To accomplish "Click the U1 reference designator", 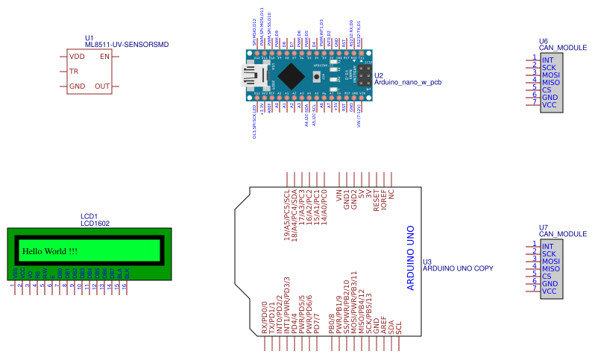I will pos(89,37).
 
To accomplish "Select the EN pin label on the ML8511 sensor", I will pos(104,57).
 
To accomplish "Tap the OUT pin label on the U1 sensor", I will pos(102,86).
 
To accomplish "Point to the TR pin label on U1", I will pos(74,72).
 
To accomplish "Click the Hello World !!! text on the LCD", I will pos(50,251).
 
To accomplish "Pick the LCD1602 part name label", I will pos(95,223).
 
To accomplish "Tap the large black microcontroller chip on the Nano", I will pos(292,75).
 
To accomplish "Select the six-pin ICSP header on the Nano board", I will pos(363,75).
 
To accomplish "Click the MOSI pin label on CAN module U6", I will pos(551,75).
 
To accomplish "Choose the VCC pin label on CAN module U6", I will pos(550,105).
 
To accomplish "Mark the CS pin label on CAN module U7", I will pos(547,276).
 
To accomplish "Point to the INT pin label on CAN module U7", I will pos(548,247).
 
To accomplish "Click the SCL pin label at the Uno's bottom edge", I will pos(400,326).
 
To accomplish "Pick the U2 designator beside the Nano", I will pos(379,75).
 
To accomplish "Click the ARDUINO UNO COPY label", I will pos(458,268).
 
